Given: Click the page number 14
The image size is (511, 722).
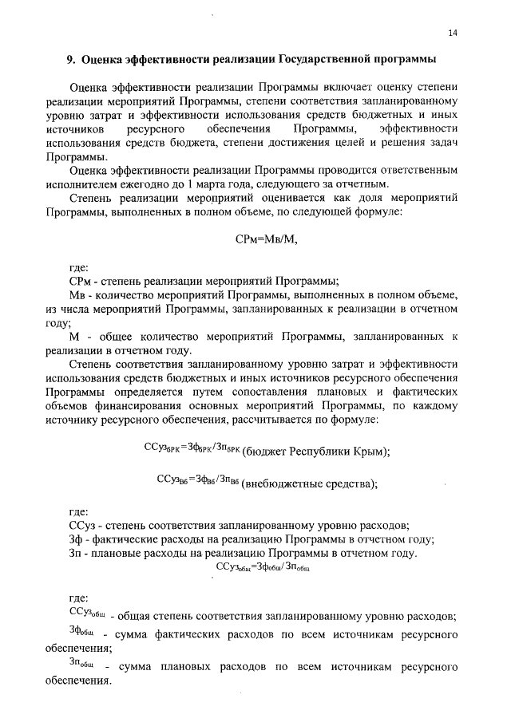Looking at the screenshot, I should click(x=453, y=32).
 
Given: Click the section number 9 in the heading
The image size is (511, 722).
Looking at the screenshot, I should click(x=69, y=59).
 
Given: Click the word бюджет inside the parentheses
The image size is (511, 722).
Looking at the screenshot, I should click(x=263, y=451).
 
